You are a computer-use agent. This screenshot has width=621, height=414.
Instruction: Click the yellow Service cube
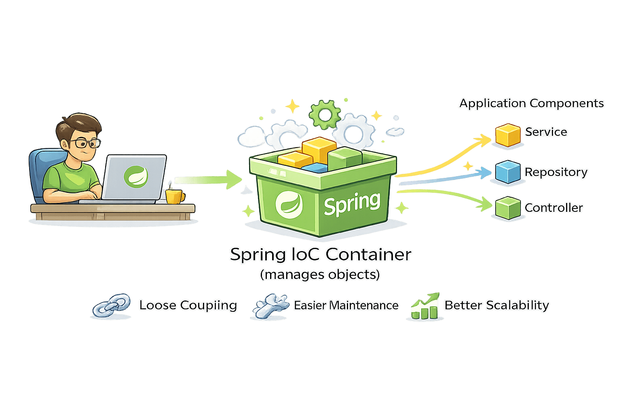click(508, 135)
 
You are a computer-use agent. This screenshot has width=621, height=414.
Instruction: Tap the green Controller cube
click(508, 208)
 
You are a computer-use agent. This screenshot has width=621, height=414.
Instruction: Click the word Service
click(546, 132)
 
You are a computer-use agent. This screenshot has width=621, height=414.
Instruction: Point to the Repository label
click(556, 172)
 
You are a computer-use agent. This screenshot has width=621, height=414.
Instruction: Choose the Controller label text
click(553, 208)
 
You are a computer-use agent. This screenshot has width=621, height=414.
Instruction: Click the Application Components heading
click(531, 103)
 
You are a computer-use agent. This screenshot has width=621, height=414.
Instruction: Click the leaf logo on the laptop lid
click(135, 176)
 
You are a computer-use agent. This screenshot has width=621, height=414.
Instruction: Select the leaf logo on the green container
click(289, 203)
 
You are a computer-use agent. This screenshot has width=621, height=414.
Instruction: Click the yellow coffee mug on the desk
click(174, 196)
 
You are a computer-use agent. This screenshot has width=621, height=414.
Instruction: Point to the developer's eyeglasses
click(86, 143)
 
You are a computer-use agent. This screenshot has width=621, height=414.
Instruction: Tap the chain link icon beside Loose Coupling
click(111, 306)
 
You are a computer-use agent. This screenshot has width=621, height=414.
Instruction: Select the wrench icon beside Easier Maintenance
click(270, 306)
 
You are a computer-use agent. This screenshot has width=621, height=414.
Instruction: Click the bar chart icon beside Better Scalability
click(424, 306)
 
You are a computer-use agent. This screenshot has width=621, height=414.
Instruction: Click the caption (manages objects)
click(320, 275)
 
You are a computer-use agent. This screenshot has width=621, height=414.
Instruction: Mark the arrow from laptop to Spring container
click(208, 180)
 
